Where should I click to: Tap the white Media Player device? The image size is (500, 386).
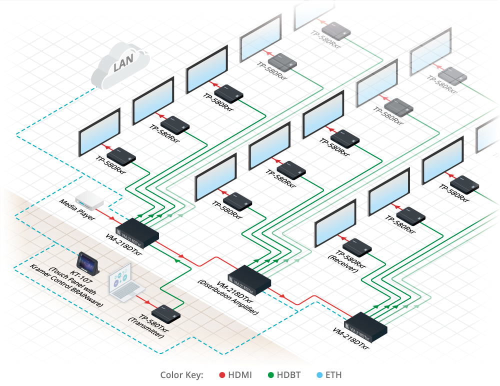pos(89,201)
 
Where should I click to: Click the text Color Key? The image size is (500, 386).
pos(181,374)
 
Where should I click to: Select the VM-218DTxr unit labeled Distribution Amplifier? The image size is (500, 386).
pos(249,279)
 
